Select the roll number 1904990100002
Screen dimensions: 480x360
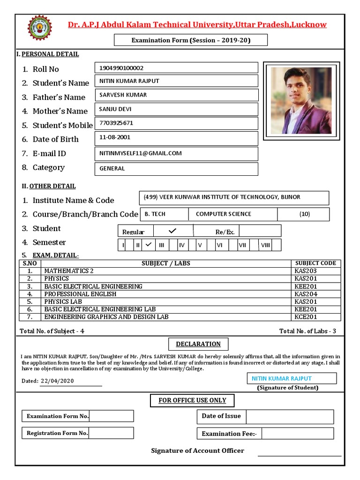121,68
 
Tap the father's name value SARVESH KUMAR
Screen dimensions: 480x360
123,95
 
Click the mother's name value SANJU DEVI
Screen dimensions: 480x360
115,109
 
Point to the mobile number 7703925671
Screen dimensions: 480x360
116,123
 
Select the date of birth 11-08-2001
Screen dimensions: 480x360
115,137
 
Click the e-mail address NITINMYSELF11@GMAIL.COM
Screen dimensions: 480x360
140,153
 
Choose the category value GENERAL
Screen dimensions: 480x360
112,168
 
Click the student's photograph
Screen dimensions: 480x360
301,100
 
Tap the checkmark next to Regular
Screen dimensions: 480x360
172,231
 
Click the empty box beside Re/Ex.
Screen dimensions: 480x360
260,231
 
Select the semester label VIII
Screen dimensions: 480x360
265,245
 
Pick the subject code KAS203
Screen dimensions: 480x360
306,271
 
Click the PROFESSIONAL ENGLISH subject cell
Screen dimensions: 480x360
80,294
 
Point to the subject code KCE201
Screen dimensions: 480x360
306,317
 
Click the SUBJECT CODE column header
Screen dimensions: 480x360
315,263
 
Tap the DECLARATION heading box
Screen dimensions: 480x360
198,344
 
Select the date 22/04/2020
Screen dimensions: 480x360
58,381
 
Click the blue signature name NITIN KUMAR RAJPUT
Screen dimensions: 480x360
282,378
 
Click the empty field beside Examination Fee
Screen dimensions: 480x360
297,434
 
